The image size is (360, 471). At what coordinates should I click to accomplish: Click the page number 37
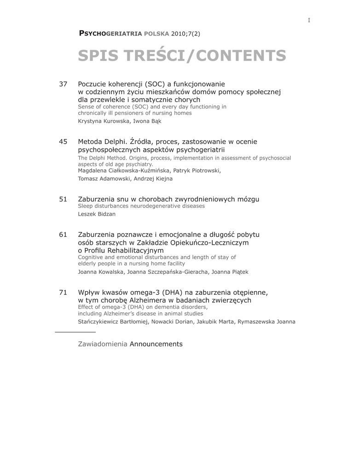pyautogui.click(x=64, y=84)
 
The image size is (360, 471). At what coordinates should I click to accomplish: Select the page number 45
pyautogui.click(x=64, y=142)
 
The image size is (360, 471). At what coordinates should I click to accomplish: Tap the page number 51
pyautogui.click(x=64, y=199)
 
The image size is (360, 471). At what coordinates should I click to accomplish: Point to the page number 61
pyautogui.click(x=64, y=235)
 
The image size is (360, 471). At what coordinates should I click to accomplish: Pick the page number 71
pyautogui.click(x=64, y=293)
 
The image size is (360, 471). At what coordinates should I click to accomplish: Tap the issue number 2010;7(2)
pyautogui.click(x=186, y=34)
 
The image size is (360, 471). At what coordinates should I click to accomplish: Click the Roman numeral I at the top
pyautogui.click(x=309, y=20)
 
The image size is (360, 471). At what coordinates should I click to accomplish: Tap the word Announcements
pyautogui.click(x=156, y=344)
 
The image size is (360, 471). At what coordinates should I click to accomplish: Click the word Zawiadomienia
pyautogui.click(x=103, y=344)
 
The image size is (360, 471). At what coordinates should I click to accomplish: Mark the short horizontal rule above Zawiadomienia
pyautogui.click(x=75, y=332)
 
